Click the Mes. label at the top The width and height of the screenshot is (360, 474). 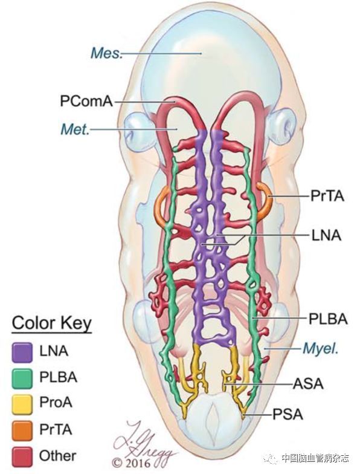tap(107, 53)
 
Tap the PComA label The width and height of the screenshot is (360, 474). tap(86, 102)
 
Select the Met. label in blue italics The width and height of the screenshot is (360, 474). tap(75, 129)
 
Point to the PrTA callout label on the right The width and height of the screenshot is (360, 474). tap(327, 196)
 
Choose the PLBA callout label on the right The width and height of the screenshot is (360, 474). tap(327, 319)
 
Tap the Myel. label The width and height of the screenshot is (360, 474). tap(320, 349)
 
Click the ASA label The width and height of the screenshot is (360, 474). tap(308, 384)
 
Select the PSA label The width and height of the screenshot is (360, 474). tap(288, 415)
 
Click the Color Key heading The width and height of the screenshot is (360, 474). tap(52, 323)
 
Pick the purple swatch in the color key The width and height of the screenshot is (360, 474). tap(22, 352)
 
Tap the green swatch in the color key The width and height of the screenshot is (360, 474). tap(22, 378)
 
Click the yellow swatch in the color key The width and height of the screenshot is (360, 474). tap(22, 404)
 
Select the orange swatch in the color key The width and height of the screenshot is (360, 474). tap(22, 430)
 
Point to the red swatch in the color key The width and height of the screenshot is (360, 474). tap(22, 456)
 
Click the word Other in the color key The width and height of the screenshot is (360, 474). tap(58, 456)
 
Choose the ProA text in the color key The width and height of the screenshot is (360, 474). tap(56, 403)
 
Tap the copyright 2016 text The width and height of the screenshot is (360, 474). tap(131, 463)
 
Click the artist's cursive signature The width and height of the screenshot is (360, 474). tap(145, 441)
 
